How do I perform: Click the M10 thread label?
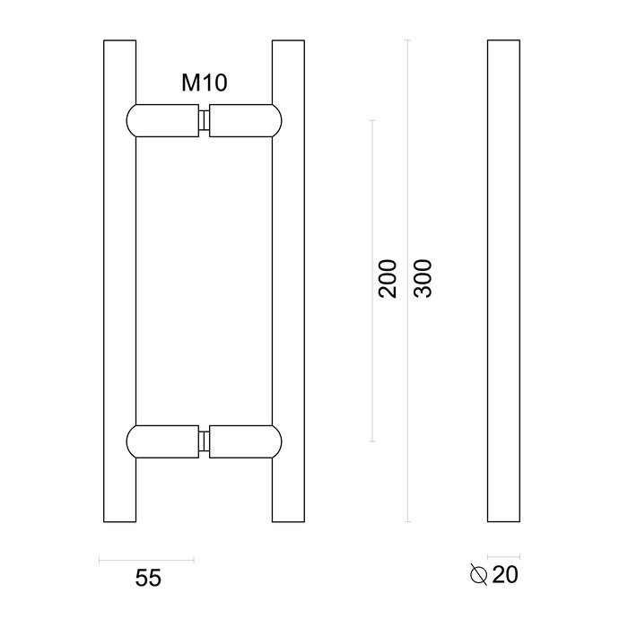pos(204,83)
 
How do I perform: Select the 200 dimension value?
pos(388,279)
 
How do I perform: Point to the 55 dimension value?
pos(148,579)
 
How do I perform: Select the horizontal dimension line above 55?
pos(145,559)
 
